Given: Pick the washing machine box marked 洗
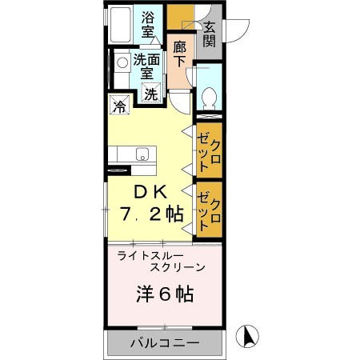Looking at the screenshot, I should point(151,93).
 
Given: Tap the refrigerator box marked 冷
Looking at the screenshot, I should point(120,105).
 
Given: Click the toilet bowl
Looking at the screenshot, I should point(209,98).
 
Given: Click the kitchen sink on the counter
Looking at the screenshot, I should point(142,154).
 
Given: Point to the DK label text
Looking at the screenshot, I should point(149,193).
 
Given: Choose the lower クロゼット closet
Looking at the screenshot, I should point(209,208).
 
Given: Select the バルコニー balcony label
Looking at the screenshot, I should point(165,344).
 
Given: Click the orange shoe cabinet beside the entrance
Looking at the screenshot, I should point(181,17).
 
